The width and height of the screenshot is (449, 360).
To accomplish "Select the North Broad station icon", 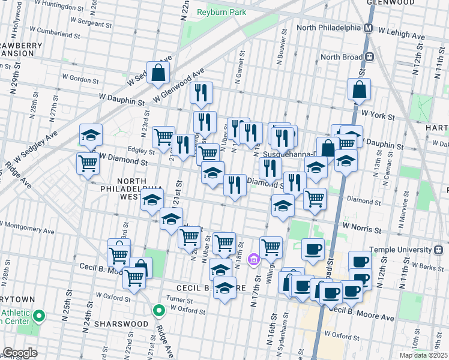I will coord(369,57).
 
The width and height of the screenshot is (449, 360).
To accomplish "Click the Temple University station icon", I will coord(438,249).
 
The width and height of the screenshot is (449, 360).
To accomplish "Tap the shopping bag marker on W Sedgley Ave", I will coord(158,73).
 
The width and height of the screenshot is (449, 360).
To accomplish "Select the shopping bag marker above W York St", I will coord(359,89).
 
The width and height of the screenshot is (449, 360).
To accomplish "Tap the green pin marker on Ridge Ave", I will coord(158,311).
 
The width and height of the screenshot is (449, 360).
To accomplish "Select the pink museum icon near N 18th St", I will coord(254,259).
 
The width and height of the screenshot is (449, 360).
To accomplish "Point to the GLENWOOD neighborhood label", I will coord(391,2).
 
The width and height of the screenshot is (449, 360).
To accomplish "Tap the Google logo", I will coord(19,353).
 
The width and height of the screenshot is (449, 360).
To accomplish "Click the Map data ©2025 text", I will coord(423,355).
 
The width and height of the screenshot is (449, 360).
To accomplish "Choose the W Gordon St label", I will coord(82,79).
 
